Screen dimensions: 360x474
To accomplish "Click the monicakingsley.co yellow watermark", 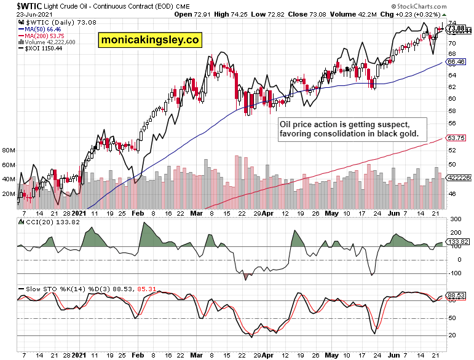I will pos(150,40).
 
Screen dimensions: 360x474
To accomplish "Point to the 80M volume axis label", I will pos(9,150).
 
